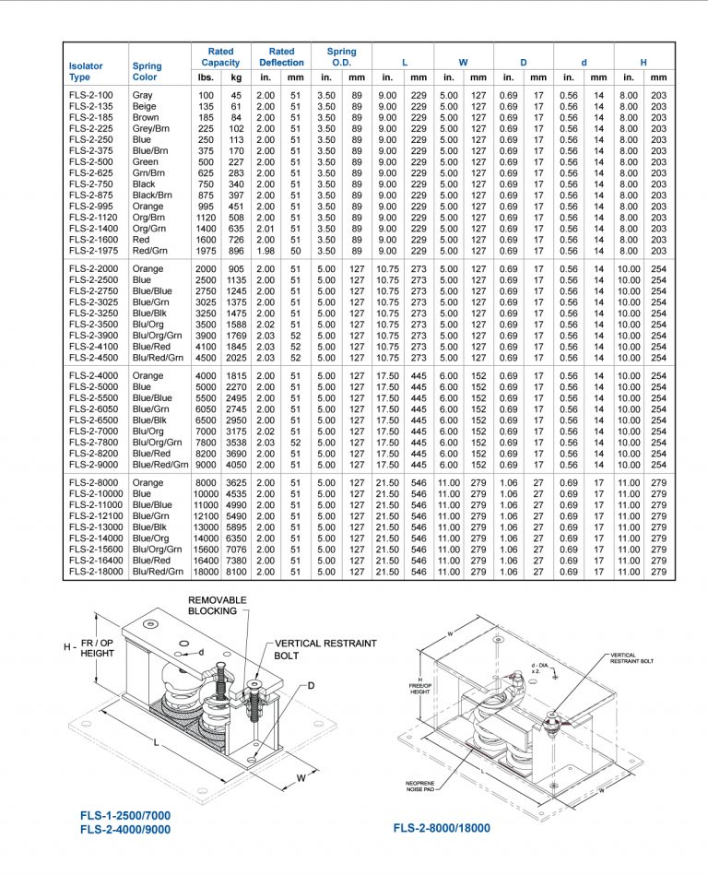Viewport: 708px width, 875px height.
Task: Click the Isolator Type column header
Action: pos(86,72)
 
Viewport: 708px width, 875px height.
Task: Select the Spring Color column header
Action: pos(147,72)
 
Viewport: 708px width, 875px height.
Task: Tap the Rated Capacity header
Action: pos(220,57)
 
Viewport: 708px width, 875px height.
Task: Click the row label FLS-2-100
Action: pos(91,95)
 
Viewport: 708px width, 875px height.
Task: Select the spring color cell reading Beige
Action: pos(144,106)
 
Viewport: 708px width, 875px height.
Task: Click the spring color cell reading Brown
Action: pos(146,117)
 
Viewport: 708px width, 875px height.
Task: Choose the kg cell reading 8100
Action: pos(235,572)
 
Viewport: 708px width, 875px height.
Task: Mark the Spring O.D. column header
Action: pos(341,57)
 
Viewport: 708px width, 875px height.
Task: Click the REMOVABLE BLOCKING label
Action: pos(218,606)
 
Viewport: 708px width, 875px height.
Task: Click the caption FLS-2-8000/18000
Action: pos(442,828)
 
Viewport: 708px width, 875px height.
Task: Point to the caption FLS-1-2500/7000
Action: pos(124,816)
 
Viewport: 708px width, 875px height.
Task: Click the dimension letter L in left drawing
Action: pos(160,742)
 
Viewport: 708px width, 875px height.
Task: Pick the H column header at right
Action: pos(643,63)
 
